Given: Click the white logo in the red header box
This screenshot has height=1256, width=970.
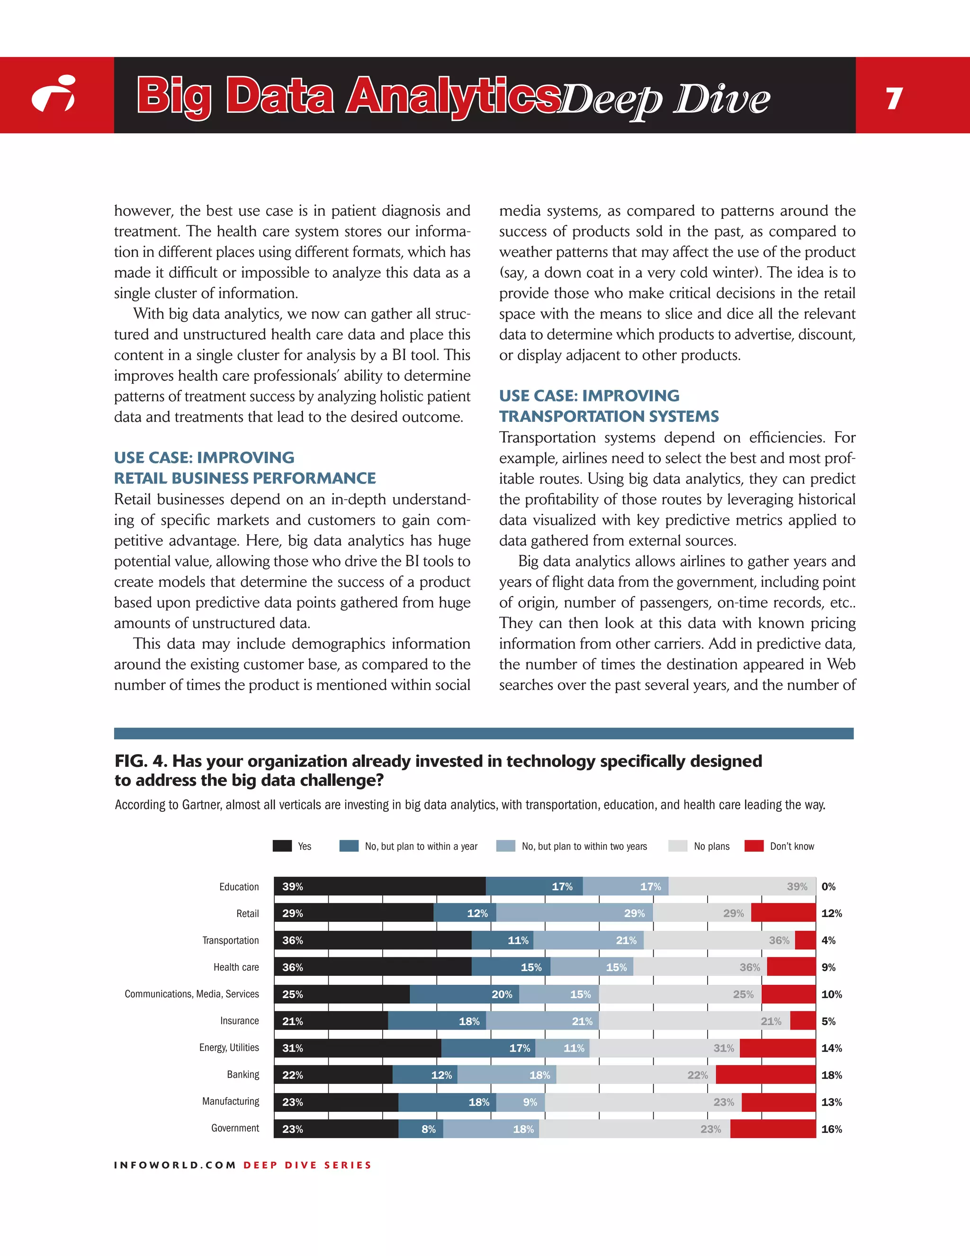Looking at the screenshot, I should (54, 94).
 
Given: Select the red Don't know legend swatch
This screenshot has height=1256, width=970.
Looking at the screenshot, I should (754, 846).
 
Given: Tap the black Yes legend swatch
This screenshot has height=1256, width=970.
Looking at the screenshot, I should (282, 846).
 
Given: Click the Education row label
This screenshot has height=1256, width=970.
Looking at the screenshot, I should (239, 887).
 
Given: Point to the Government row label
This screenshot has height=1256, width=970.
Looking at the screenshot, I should (235, 1128).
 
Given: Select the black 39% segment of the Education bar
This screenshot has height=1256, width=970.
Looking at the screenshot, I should (379, 886).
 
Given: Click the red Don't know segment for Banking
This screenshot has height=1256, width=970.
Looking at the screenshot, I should (765, 1075).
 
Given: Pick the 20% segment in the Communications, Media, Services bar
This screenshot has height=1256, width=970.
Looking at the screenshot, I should (464, 994).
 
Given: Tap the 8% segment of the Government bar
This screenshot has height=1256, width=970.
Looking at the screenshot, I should (421, 1129).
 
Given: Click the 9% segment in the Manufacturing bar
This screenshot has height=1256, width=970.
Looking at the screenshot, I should (521, 1102).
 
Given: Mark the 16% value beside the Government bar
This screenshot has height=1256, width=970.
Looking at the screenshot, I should (832, 1129).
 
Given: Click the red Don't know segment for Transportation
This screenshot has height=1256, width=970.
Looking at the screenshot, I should (805, 940).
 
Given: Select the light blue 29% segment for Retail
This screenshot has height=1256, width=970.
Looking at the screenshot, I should (574, 913).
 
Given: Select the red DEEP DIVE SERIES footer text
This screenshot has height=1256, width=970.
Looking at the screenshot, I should (307, 1165).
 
